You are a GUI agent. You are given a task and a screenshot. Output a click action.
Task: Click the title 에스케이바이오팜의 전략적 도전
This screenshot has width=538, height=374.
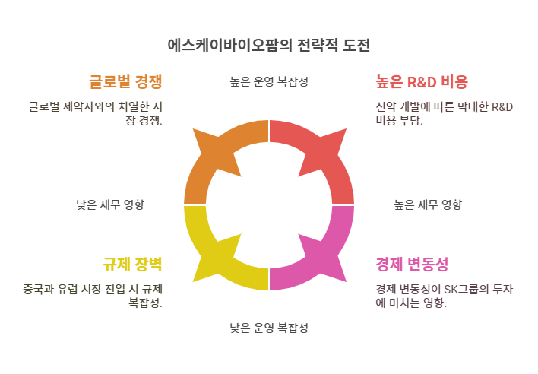click(x=269, y=45)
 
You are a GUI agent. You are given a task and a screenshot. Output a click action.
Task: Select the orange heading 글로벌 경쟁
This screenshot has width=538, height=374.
click(x=125, y=81)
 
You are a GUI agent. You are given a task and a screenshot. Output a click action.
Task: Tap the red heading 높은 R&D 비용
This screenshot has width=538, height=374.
click(x=421, y=81)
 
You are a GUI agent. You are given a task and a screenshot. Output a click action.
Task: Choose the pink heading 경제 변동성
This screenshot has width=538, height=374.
click(x=412, y=264)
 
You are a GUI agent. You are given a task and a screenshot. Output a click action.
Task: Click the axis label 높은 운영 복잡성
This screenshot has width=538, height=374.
click(x=269, y=81)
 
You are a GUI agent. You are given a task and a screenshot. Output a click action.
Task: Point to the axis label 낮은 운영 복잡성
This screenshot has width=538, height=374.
click(x=269, y=328)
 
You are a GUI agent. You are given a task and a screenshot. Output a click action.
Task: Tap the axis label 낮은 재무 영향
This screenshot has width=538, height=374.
click(x=110, y=204)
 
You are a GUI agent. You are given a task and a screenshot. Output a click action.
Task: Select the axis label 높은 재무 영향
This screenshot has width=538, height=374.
click(x=428, y=204)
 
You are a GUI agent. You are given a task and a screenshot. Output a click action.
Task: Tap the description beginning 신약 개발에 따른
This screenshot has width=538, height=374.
click(x=444, y=113)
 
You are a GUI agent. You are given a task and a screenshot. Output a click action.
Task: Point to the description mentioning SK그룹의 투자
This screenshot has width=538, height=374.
click(x=445, y=296)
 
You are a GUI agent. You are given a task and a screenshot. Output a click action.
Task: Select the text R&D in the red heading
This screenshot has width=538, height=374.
click(x=422, y=81)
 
